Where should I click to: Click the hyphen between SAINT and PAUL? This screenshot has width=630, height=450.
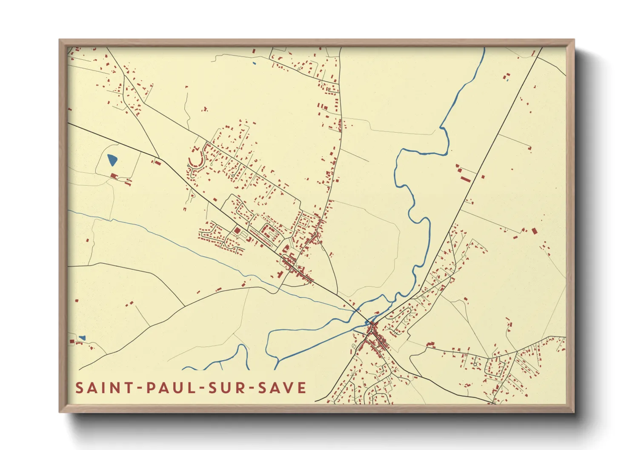click(x=139, y=388)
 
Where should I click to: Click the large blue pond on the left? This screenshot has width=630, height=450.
click(x=112, y=160)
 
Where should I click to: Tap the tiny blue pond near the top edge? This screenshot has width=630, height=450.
click(x=254, y=64)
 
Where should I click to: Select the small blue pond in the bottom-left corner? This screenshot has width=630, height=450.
click(x=82, y=338)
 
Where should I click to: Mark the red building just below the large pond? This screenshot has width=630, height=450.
click(x=114, y=176)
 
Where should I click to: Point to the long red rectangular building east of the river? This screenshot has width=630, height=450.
click(x=465, y=179)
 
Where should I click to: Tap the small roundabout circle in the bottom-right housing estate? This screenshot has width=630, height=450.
click(x=475, y=364)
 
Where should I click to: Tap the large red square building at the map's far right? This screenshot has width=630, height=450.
click(x=535, y=231)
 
